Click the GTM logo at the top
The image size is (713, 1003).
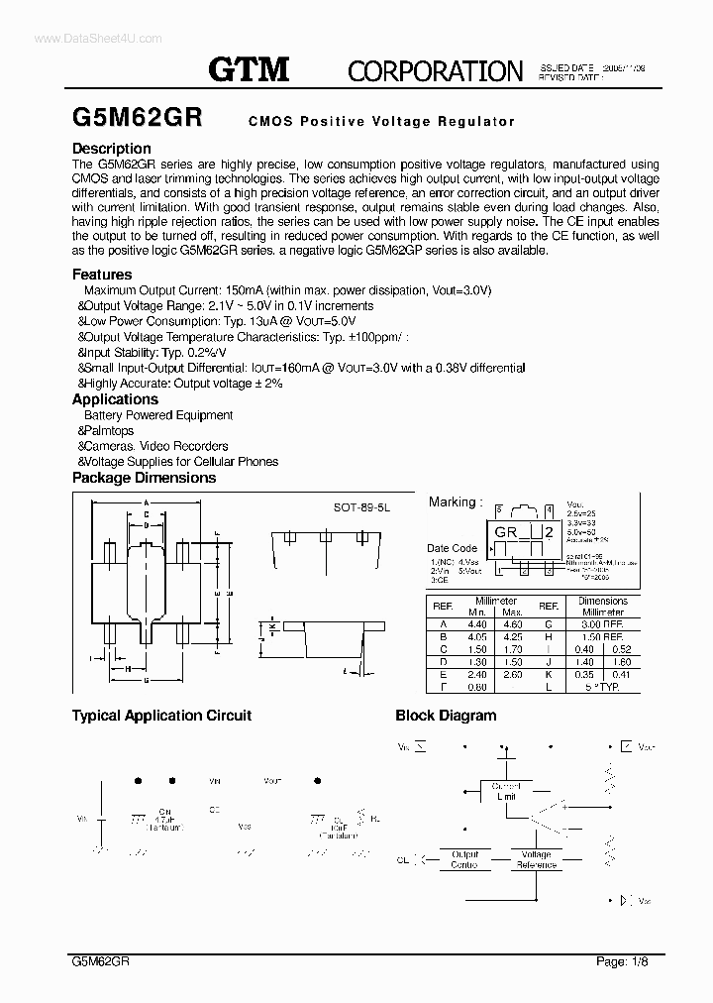249,68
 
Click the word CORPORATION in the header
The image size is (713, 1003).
435,70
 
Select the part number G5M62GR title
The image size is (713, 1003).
137,118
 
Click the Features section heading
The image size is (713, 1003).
102,275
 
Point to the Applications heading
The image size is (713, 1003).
115,399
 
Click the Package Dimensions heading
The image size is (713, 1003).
144,478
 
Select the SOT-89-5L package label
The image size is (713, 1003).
362,505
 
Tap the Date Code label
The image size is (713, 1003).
452,548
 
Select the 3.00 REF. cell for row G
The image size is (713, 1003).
602,623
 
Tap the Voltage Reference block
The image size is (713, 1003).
536,859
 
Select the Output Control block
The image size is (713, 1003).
464,859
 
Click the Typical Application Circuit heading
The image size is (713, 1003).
161,716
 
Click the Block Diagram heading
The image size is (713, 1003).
446,716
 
